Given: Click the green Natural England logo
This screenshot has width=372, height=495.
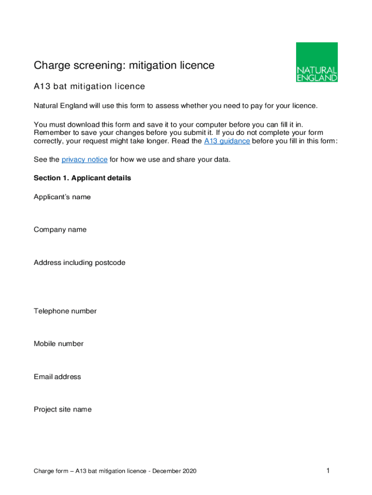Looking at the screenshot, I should coord(316,62).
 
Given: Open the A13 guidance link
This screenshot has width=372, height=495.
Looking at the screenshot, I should coord(227,141).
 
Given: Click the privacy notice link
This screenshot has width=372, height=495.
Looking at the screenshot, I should coord(85,160).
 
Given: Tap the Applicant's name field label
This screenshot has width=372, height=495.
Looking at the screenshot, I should coord(62,197).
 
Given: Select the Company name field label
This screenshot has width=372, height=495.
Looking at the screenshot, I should coord(60,230).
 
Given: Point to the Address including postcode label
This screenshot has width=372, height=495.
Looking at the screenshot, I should coord(79,263).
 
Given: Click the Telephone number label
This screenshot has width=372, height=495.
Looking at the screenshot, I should coord(65,311).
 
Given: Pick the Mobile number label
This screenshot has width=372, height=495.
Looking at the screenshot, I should coord(58,344).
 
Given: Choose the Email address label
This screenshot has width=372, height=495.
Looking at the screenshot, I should coord(57,377).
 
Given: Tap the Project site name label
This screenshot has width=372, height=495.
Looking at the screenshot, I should coord(62,409).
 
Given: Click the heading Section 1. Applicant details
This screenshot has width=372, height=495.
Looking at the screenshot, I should coord(82,178).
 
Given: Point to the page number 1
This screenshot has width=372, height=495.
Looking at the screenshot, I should coord(328,470).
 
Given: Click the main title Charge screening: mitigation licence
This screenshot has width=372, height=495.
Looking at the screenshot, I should coord(124,65).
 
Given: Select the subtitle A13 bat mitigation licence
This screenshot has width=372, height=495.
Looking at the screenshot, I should coord(89,87).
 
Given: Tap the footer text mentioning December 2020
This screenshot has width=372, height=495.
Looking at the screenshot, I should coord(115,471).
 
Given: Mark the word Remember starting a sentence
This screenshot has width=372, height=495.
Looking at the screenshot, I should coord(51,132).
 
